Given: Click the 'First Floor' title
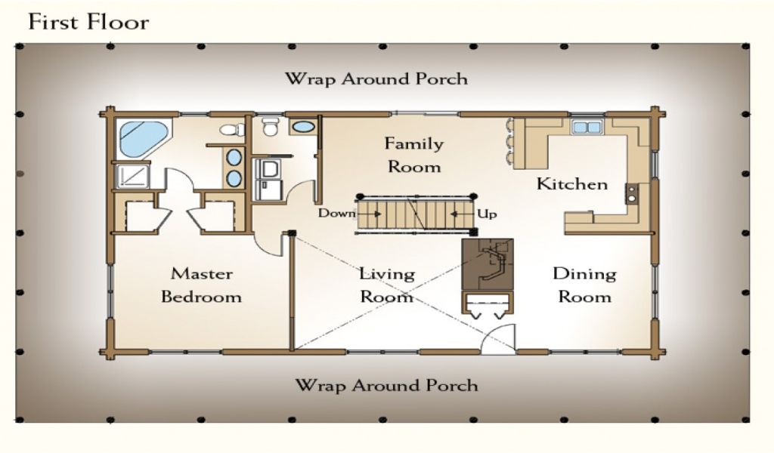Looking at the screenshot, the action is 88,22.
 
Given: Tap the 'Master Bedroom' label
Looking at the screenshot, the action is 201,285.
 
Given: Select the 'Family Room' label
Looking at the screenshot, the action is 413,155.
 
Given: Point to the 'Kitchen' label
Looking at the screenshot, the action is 572,184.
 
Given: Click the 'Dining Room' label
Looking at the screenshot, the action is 584,285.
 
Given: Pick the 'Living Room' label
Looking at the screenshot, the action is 386,285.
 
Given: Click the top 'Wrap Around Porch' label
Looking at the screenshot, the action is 376,79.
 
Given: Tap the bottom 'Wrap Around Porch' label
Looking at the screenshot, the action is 386,385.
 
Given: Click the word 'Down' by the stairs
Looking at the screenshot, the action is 336,214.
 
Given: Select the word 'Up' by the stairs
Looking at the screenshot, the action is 487,214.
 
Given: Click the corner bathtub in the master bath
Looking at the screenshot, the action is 144,138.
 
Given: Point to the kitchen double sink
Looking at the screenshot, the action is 587,127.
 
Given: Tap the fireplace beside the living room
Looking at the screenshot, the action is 488,265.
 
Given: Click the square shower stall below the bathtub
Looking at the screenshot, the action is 132,176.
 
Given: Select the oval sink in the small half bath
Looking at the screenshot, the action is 302,127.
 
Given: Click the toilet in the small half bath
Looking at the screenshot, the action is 270,127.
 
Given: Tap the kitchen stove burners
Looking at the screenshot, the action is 631,193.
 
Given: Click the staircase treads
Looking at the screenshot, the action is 415,214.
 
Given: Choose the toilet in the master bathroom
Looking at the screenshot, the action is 232,130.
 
